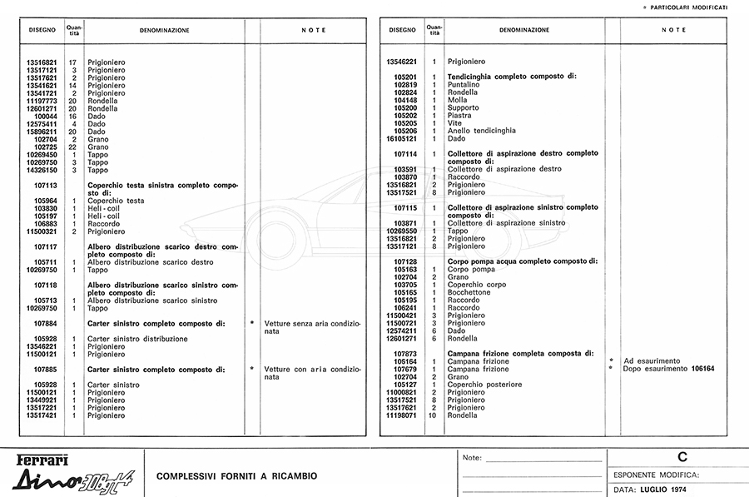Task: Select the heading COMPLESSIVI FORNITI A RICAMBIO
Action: [236, 476]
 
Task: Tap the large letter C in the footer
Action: [682, 457]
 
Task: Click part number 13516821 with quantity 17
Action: [41, 62]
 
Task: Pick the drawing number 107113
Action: [45, 186]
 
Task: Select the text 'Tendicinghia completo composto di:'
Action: [512, 77]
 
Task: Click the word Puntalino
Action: [464, 85]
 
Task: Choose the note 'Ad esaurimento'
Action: [652, 361]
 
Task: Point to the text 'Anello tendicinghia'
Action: [481, 131]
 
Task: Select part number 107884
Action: [45, 323]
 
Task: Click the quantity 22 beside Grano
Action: [73, 147]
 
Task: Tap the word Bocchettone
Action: [469, 292]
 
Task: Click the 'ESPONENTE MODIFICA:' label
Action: [657, 475]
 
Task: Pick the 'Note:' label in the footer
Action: [472, 458]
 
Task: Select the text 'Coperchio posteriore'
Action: [484, 385]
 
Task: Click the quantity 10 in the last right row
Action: [434, 415]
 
